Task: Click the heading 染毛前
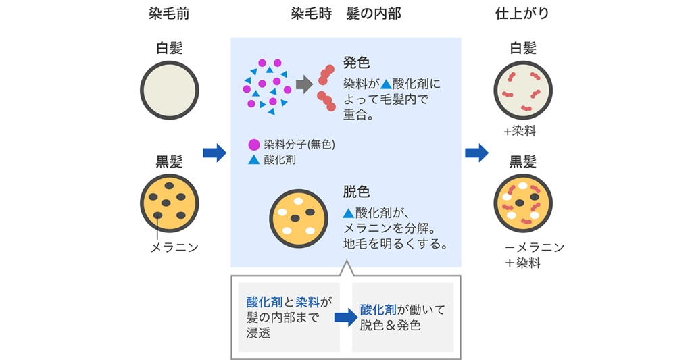point(169,14)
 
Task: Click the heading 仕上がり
point(522,14)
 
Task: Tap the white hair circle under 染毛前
point(169,90)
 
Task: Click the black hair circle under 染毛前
point(169,203)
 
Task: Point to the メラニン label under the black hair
point(174,247)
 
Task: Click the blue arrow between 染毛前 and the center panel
point(214,153)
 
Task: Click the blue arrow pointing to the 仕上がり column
point(476,153)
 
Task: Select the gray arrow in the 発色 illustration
point(304,84)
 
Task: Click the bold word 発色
point(356,63)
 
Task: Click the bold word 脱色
point(356,192)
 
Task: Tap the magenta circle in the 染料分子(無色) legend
point(254,145)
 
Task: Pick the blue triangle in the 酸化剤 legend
point(254,160)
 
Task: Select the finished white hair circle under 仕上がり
point(523,90)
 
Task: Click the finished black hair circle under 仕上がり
point(523,203)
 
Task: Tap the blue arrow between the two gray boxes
point(345,317)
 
